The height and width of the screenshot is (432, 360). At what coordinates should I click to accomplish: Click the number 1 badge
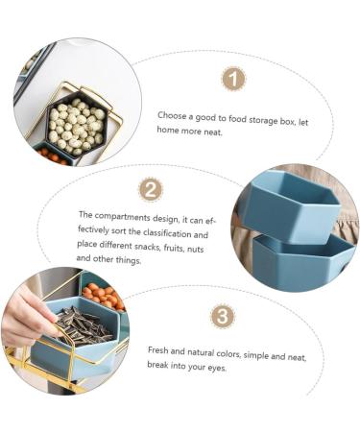click(233, 79)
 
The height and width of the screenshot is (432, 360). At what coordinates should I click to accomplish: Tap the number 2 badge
click(151, 189)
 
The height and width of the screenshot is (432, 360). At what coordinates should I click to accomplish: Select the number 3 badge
click(223, 316)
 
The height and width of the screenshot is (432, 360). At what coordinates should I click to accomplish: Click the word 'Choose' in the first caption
click(172, 116)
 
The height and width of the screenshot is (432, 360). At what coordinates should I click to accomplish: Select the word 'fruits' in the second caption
click(174, 248)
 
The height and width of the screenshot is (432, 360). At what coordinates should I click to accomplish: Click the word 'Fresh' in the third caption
click(157, 350)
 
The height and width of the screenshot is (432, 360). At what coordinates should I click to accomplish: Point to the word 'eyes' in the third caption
click(217, 368)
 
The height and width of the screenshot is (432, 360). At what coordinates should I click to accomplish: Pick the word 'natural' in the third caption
click(201, 352)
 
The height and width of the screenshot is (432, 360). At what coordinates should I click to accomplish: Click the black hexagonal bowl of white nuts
click(77, 127)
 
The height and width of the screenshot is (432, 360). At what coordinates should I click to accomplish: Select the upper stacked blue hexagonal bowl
click(290, 204)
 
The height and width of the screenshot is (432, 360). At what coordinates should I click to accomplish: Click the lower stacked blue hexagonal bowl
click(304, 261)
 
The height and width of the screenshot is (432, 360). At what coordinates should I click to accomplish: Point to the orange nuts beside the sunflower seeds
click(103, 296)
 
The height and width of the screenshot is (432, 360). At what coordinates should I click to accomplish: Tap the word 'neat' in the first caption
click(212, 132)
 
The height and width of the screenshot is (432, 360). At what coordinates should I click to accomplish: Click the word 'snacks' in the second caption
click(148, 247)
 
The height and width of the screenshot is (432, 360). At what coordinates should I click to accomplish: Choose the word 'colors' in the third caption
click(228, 354)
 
